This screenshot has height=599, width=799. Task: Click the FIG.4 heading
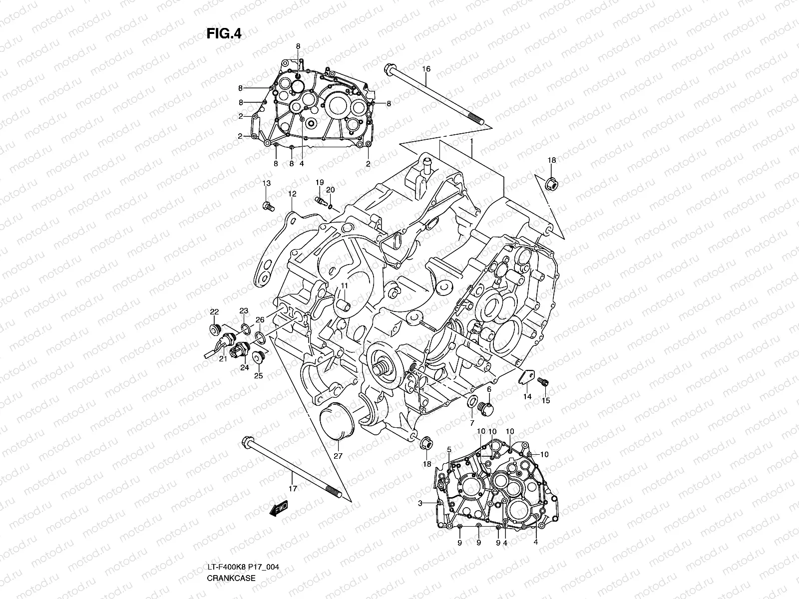coord(224,33)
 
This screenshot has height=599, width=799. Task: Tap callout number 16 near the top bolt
coord(426,68)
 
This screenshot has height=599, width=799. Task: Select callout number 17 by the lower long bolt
coord(293,489)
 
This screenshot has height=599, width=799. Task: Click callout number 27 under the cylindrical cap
coord(338,456)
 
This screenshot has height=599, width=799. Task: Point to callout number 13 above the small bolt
coord(267,184)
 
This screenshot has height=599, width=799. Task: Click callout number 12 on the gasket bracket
coord(292,193)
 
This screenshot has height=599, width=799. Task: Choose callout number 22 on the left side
coord(214,312)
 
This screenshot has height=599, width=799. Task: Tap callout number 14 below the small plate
coord(527,397)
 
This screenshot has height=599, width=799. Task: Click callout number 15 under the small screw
coord(545,400)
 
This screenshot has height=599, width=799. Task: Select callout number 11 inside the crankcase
coord(344,285)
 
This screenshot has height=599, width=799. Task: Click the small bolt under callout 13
coord(267,205)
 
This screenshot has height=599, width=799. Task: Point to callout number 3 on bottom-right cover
coord(420,504)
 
